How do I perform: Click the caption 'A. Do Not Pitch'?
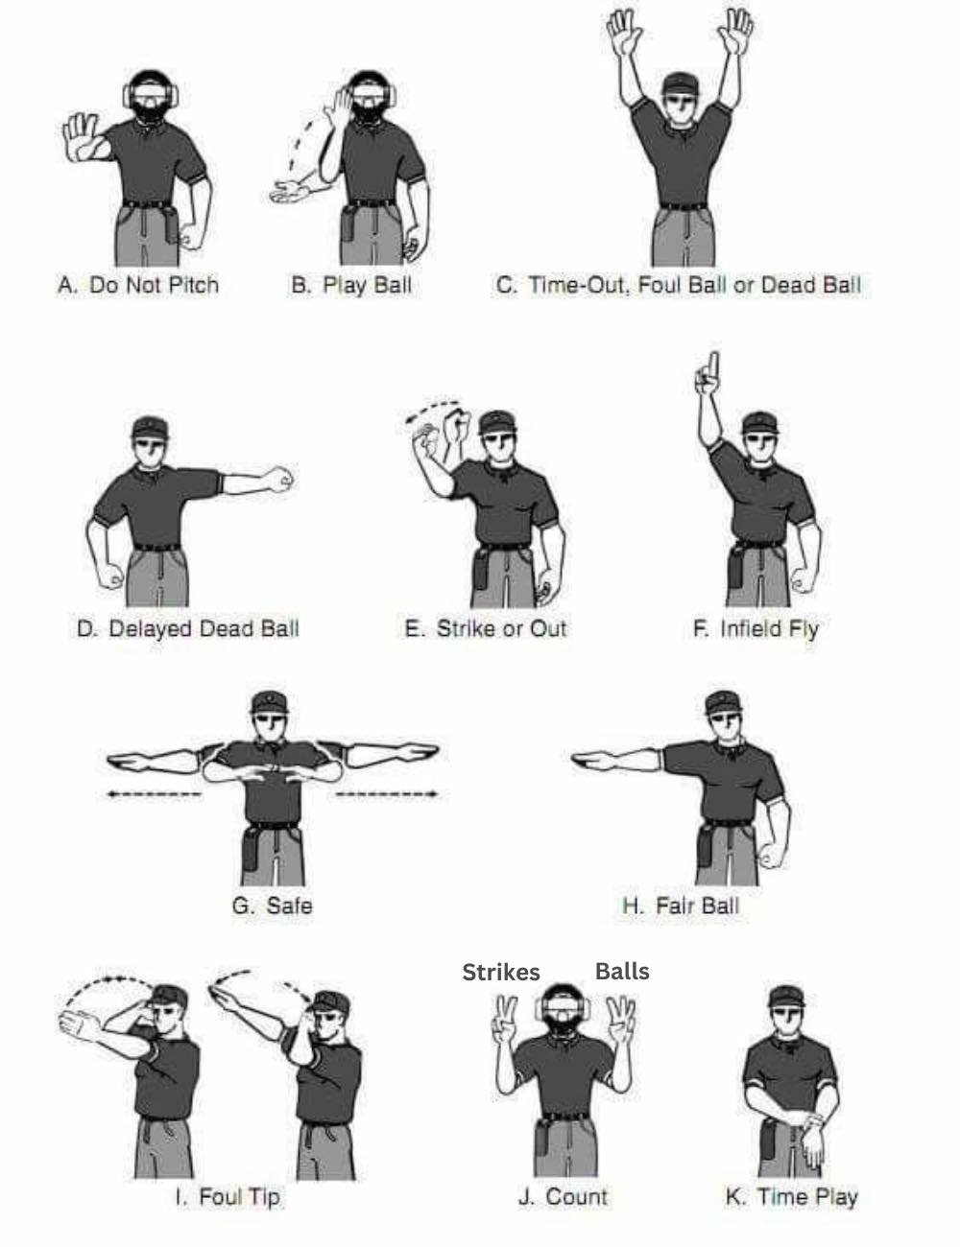(138, 285)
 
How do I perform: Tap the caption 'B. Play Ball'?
(351, 285)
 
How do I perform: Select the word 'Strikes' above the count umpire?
(501, 972)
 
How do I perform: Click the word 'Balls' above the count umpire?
(622, 971)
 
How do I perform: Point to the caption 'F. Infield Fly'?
(756, 629)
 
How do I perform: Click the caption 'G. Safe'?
(272, 906)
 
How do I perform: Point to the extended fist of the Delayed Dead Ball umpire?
(281, 480)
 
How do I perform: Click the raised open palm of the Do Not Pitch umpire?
(81, 136)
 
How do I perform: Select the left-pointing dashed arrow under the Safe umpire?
(154, 794)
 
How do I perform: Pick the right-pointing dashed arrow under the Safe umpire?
(387, 794)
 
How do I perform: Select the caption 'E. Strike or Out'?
(486, 628)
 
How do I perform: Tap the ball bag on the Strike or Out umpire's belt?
(481, 569)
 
